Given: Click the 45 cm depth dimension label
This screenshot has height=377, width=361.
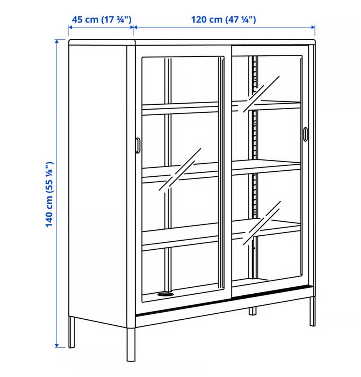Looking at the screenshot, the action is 102,20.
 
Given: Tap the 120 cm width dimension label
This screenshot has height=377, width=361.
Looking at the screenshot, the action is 223,20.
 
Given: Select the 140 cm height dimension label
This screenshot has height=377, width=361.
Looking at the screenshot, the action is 49,194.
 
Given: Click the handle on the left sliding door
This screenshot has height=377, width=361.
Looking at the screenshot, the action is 138,145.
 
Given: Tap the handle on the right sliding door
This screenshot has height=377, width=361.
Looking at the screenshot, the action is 305,134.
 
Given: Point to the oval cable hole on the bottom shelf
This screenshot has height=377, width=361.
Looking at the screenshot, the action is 165,294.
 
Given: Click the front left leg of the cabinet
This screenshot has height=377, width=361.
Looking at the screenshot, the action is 131,344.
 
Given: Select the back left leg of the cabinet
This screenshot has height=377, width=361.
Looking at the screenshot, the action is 71,332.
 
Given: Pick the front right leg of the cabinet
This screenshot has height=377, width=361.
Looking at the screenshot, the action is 312,311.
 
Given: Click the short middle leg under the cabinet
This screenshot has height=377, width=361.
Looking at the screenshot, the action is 252,311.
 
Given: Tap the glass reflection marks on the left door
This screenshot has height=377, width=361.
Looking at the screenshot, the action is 180,169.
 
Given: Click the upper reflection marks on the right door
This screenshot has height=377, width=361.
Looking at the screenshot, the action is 261,94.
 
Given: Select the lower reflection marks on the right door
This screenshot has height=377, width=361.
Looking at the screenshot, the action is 262,223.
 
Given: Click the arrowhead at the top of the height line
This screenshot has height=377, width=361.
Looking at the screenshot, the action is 57,41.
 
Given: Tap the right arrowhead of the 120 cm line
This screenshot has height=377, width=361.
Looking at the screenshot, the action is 313,27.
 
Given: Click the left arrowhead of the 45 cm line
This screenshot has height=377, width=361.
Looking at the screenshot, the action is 71,27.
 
